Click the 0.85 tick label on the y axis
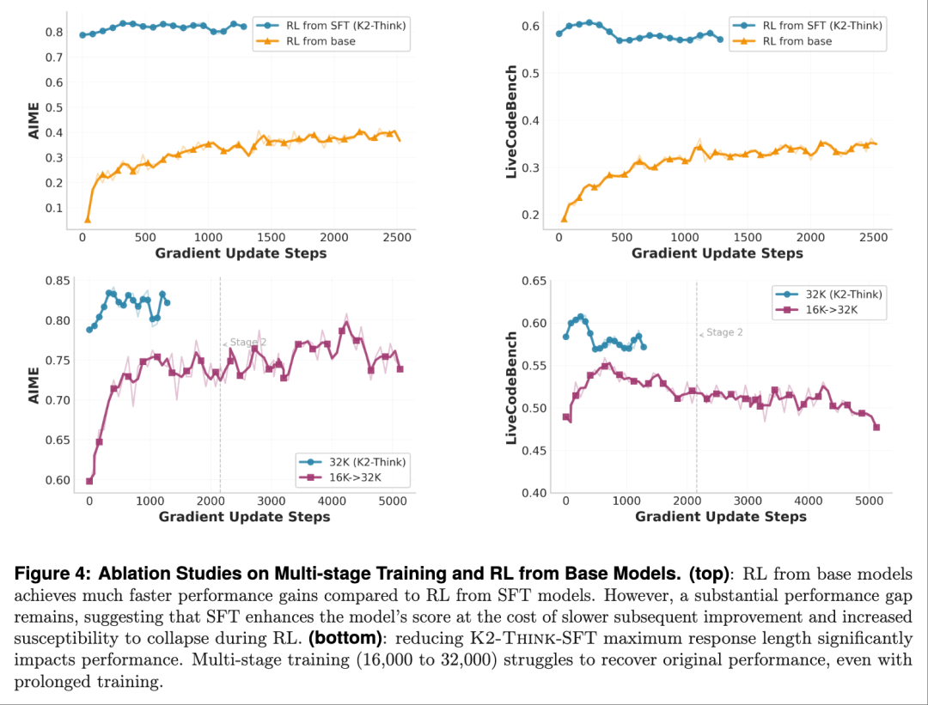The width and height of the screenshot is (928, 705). (58, 280)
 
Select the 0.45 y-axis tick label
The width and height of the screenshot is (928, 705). (534, 450)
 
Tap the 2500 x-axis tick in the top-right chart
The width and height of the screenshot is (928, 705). (873, 237)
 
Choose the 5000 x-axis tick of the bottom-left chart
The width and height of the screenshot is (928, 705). (393, 501)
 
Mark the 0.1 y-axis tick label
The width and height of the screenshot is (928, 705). (54, 208)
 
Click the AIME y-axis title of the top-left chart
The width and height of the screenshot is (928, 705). (34, 121)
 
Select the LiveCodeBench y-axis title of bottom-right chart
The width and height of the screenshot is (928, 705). (510, 387)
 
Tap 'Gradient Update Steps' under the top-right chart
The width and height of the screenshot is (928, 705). (717, 253)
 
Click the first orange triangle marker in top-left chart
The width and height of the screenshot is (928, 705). (88, 220)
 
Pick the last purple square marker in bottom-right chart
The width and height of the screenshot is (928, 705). (876, 427)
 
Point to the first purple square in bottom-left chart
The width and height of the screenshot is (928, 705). (89, 481)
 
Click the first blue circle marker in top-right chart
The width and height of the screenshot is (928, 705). (559, 33)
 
